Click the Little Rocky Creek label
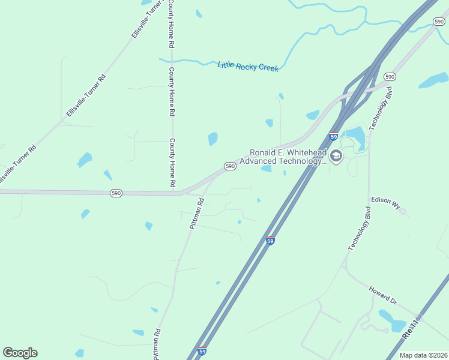pyautogui.click(x=248, y=66)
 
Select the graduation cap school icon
pyautogui.click(x=336, y=157)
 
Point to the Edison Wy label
pyautogui.click(x=385, y=202)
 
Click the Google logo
pyautogui.click(x=20, y=353)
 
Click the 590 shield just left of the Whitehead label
pyautogui.click(x=229, y=166)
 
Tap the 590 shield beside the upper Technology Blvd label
pyautogui.click(x=390, y=77)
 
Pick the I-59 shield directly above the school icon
pyautogui.click(x=334, y=136)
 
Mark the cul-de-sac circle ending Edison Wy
pyautogui.click(x=402, y=211)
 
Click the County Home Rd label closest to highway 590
pyautogui.click(x=172, y=162)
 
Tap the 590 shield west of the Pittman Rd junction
pyautogui.click(x=116, y=193)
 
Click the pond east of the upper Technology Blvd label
pyautogui.click(x=433, y=81)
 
